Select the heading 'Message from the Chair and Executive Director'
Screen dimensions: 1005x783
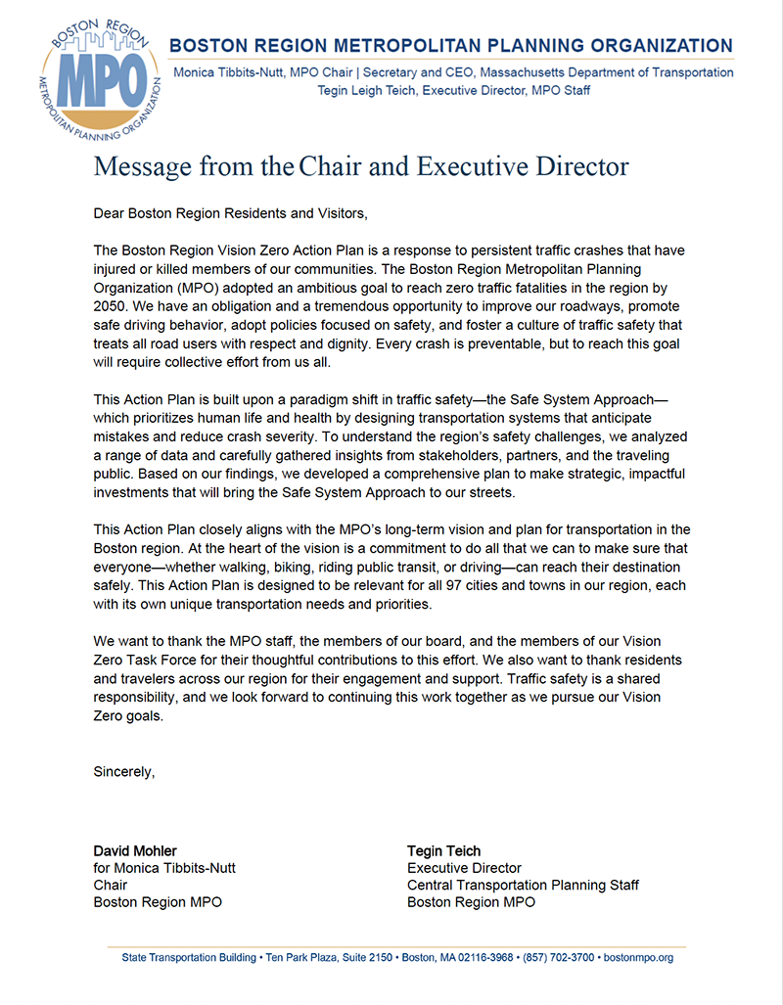[x=360, y=166]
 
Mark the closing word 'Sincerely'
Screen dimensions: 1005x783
[x=123, y=771]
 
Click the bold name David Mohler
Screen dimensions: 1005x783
[x=135, y=850]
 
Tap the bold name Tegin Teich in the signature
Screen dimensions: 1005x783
[x=444, y=850]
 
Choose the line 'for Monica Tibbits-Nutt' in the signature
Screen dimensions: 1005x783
[x=164, y=868]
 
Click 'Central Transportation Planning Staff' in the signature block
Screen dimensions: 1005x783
[x=523, y=885]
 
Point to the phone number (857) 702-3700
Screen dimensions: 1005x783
[x=557, y=957]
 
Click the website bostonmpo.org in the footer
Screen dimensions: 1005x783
[x=637, y=957]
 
